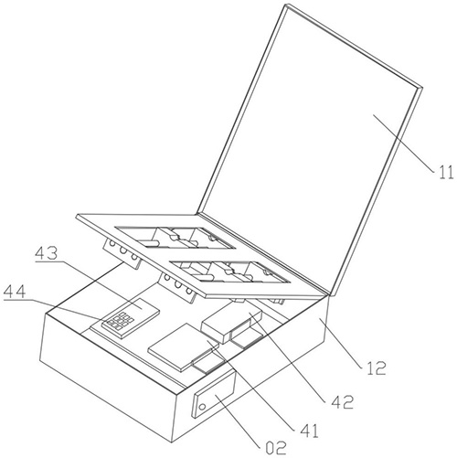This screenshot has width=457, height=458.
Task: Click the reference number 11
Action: (446, 173)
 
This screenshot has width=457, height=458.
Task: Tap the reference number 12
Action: (377, 368)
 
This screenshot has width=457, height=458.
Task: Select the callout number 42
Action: (343, 402)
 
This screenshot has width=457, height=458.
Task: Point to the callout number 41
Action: (309, 431)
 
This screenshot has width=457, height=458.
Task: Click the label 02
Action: (276, 448)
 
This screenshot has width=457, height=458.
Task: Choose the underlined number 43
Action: (46, 253)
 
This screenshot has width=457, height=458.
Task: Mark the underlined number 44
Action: (15, 292)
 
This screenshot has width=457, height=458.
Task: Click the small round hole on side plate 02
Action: (202, 407)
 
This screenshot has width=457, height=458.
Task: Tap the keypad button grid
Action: (118, 321)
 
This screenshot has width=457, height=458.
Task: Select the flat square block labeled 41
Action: (184, 346)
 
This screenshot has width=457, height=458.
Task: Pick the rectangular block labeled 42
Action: (232, 324)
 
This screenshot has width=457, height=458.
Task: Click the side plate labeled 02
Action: (214, 394)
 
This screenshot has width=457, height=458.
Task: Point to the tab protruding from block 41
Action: (207, 362)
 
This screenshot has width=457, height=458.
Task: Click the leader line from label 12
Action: (342, 342)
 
